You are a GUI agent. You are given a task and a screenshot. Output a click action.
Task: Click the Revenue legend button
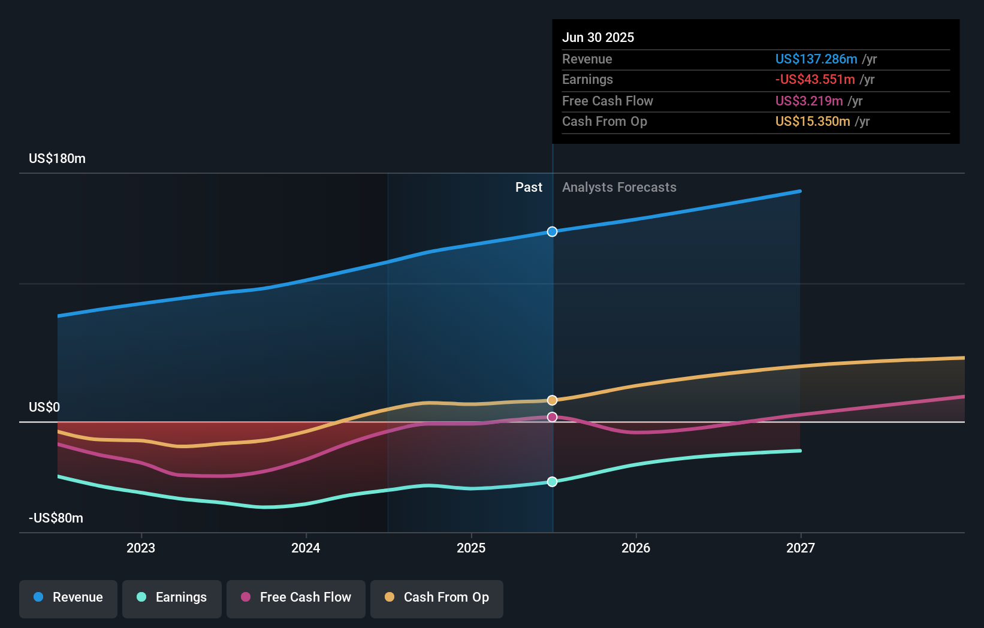(x=68, y=597)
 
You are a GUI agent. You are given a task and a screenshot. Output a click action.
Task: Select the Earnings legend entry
(x=172, y=597)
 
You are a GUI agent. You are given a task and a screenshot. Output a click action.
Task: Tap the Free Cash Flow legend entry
(x=296, y=597)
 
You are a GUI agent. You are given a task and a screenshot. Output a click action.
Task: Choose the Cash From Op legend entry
(x=437, y=597)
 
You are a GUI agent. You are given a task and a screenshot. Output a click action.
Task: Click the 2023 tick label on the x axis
(x=141, y=548)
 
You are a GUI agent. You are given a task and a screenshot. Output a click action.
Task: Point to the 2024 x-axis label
(x=306, y=548)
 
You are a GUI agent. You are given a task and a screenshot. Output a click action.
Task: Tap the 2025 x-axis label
(x=471, y=548)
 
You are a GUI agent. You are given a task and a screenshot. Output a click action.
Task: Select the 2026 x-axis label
(x=636, y=548)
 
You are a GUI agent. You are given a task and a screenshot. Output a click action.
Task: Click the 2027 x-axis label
(x=801, y=548)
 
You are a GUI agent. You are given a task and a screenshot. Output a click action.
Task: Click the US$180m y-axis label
(x=57, y=159)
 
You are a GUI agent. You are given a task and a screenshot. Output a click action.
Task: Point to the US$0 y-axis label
(x=44, y=407)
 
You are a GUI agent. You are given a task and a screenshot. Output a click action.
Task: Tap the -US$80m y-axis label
(x=56, y=518)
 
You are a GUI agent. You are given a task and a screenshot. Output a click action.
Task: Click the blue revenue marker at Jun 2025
(x=552, y=232)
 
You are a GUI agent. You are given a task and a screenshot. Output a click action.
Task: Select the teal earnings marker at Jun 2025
(x=552, y=482)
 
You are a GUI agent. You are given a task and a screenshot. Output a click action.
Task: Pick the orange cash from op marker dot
(x=552, y=400)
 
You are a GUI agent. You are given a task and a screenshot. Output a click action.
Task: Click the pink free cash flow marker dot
(x=552, y=417)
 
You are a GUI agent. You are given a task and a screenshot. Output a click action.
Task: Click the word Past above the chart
(x=529, y=188)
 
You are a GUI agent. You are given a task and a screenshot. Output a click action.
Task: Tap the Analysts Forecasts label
(x=619, y=188)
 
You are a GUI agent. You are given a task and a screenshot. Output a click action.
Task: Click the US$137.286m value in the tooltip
(x=816, y=59)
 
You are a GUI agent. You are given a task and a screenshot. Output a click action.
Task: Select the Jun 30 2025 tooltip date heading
(x=597, y=38)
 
